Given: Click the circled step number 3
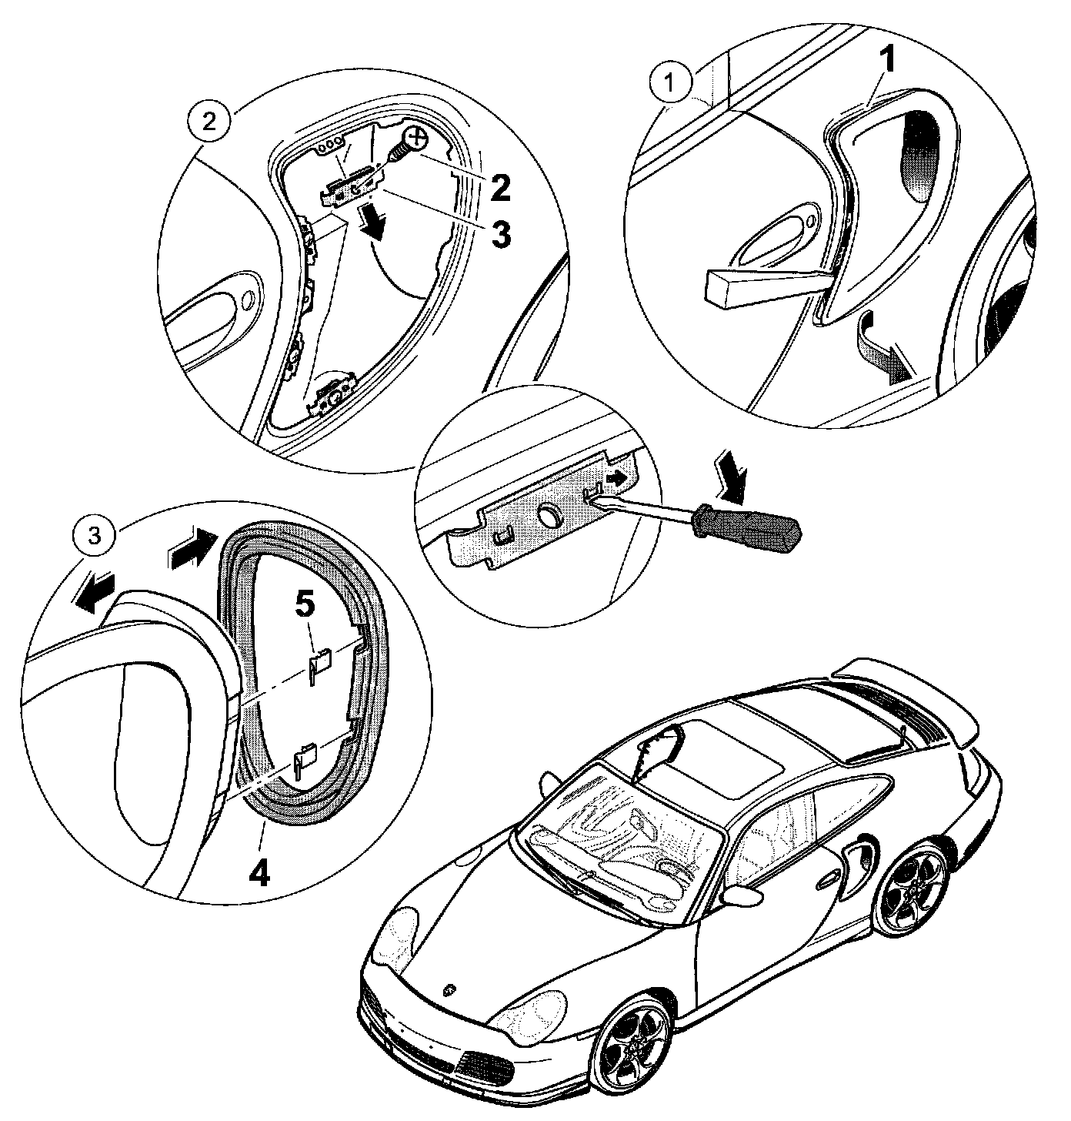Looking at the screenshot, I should pos(93,537).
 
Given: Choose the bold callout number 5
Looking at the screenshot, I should pos(305,605).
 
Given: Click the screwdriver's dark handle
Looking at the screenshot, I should pos(746,530).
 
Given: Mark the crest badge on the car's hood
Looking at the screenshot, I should pos(450,990).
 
